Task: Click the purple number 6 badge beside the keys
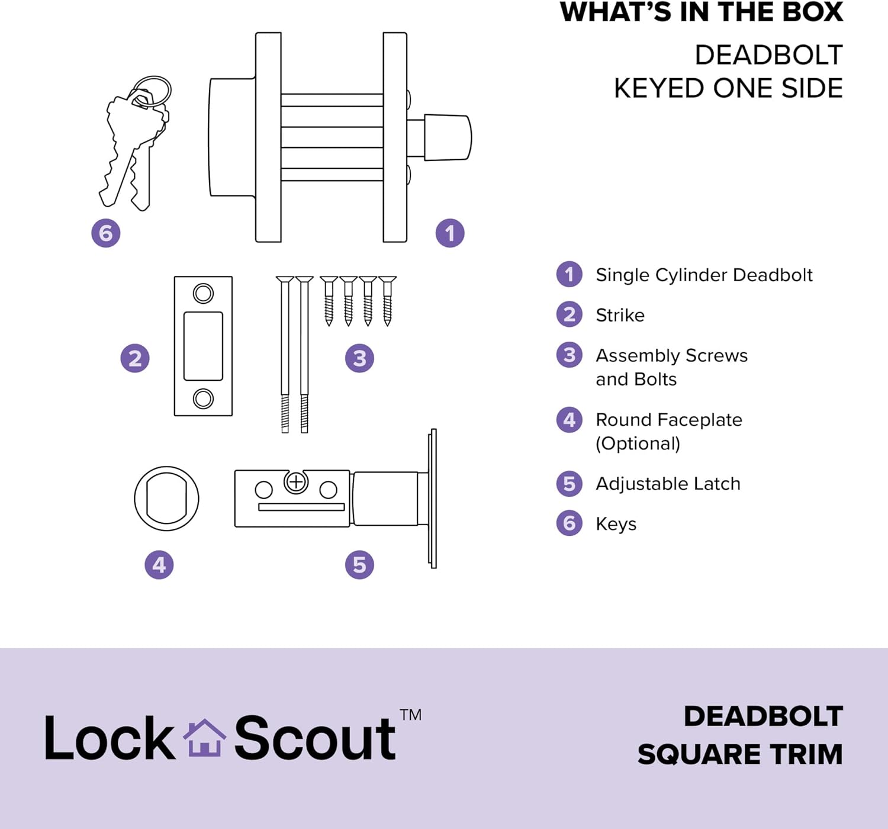pos(106,233)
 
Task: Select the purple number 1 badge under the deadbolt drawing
pos(450,233)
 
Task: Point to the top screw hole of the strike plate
pos(203,294)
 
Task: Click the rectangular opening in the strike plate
pos(203,346)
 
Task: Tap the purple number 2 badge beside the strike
pos(135,358)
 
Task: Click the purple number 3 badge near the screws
pos(359,358)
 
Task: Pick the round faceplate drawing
pos(135,499)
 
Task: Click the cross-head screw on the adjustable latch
pos(296,483)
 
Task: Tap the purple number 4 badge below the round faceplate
pos(159,564)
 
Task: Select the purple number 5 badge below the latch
pos(359,564)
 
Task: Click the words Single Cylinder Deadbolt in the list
pos(704,275)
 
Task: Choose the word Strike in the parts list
pos(620,316)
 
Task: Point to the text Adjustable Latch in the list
pos(668,484)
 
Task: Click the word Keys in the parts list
pos(616,524)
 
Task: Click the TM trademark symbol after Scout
pos(410,715)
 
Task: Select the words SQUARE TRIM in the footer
pos(740,755)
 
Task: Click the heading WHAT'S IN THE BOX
pos(702,12)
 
